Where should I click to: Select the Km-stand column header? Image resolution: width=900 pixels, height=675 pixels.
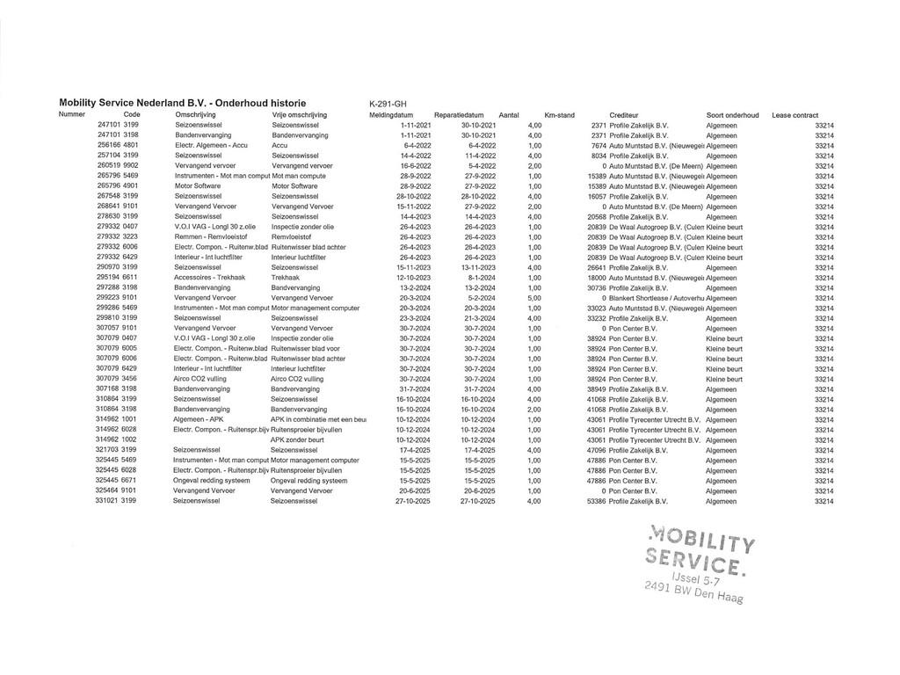point(559,115)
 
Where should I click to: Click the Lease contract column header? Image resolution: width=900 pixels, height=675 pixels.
point(795,115)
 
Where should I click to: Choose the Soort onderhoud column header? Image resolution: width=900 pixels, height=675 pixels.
point(732,115)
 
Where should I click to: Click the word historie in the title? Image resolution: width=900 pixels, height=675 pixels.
point(275,104)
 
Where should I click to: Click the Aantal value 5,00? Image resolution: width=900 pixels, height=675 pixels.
point(534,298)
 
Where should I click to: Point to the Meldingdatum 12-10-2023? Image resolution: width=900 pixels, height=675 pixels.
point(414,278)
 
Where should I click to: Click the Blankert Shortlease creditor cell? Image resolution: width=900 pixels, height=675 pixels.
point(656,298)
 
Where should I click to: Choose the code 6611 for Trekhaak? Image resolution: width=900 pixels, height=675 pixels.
point(130,278)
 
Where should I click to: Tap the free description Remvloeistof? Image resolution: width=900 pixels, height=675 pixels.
point(292,237)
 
